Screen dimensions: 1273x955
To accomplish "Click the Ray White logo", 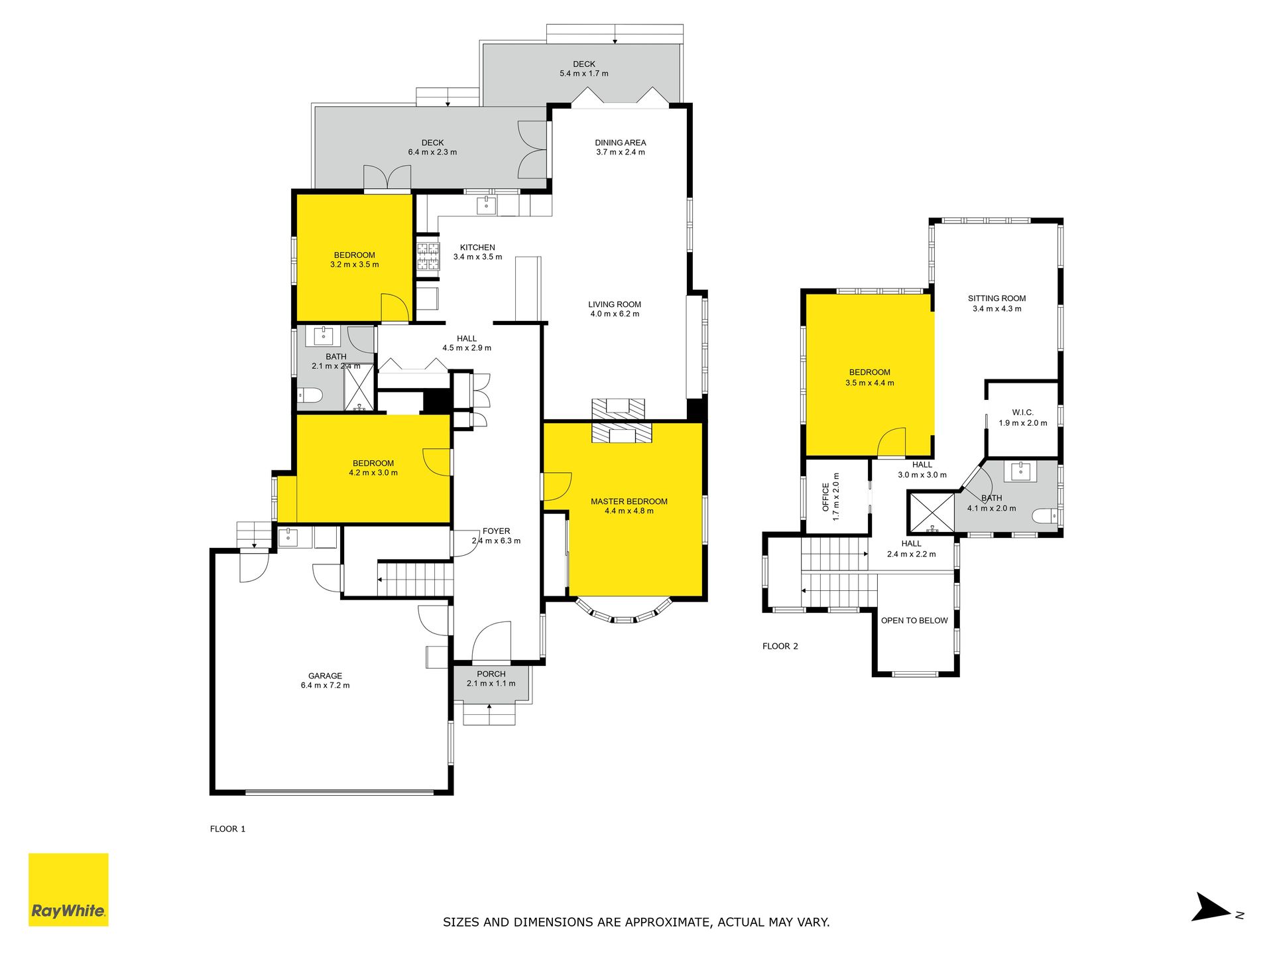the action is tap(68, 889).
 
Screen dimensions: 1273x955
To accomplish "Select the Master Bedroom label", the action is tap(629, 501).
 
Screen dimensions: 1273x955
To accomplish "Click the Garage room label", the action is tap(325, 676).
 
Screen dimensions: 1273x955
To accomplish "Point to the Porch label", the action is tap(491, 674).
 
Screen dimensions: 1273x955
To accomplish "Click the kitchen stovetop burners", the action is tap(428, 257).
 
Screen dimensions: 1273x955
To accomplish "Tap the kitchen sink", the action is tap(487, 204).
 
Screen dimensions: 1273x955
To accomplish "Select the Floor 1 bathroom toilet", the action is tap(310, 396).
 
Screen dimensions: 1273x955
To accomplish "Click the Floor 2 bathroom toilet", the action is tap(1046, 515).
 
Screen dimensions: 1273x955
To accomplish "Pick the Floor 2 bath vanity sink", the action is tap(1020, 471).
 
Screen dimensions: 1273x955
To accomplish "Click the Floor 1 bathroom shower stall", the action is tap(359, 387).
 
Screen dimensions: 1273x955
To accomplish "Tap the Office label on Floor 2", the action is tap(825, 497).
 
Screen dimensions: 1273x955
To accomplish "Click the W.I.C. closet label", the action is tap(1022, 413).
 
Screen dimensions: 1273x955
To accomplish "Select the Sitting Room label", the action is tap(997, 298).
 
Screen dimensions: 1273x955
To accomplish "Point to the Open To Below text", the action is tap(914, 621).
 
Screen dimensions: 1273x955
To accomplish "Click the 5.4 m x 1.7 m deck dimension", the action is tap(583, 74).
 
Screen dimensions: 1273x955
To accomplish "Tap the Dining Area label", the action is tap(620, 143).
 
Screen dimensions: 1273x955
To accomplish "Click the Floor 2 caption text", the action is tap(780, 646).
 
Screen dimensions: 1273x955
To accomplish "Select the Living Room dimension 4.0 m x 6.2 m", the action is tap(615, 314).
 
